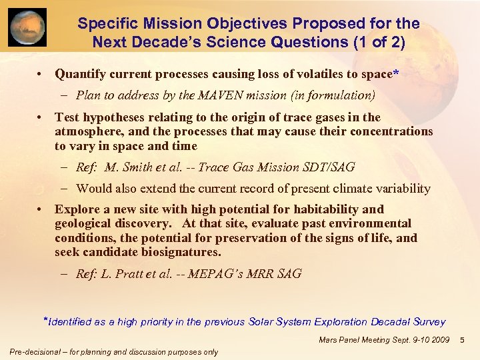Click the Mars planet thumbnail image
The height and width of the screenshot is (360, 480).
pos(27,27)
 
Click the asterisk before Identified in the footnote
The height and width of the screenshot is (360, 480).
pos(46,319)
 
